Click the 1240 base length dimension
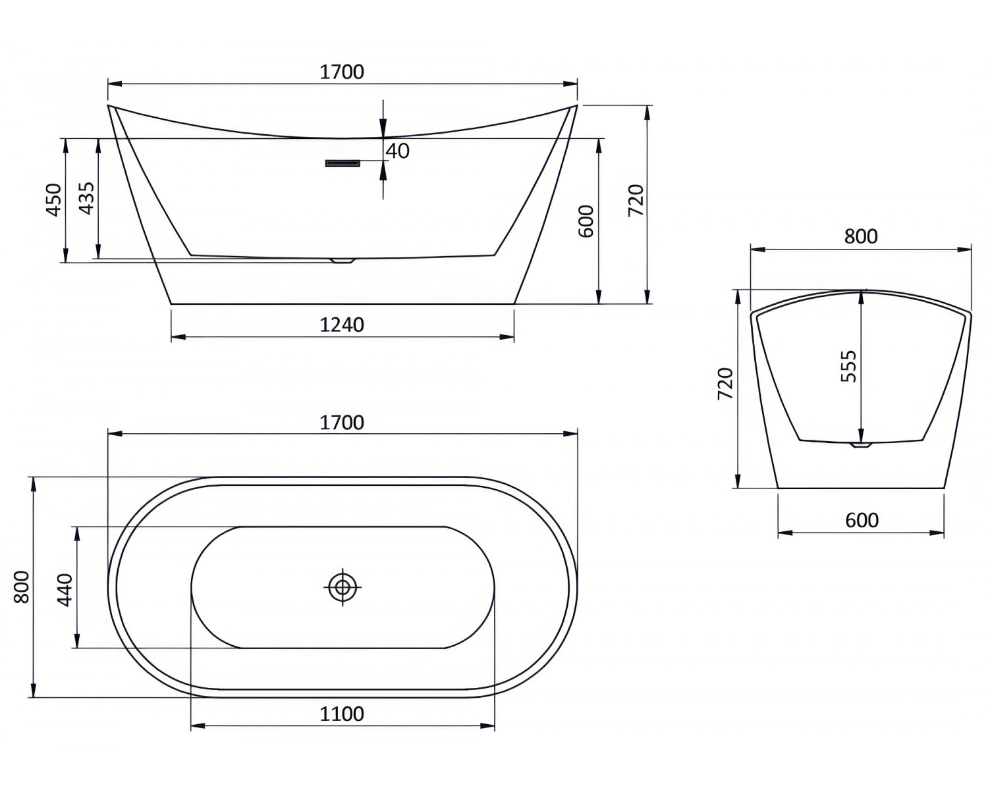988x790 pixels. [x=341, y=325]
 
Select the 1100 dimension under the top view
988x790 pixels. [x=341, y=714]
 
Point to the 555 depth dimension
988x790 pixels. [x=849, y=366]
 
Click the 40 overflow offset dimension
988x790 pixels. [x=397, y=151]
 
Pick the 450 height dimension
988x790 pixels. [x=53, y=199]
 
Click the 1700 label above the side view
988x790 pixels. [x=341, y=71]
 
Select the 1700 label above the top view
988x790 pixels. [x=341, y=422]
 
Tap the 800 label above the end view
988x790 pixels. [x=861, y=236]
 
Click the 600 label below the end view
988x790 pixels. [x=862, y=521]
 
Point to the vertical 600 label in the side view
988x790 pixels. [x=586, y=221]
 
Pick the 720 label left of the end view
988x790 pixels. [x=725, y=384]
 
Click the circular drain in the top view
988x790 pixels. [x=342, y=587]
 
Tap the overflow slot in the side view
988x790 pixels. [x=343, y=163]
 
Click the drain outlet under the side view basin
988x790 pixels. [x=343, y=261]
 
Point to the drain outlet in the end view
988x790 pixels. [x=861, y=445]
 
